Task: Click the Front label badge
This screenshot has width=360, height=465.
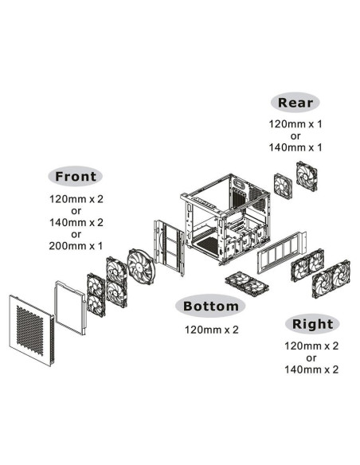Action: coord(76,176)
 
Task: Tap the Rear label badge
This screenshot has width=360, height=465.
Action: coord(295,103)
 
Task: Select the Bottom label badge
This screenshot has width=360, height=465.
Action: coord(210,306)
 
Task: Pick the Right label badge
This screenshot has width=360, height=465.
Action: coord(312,324)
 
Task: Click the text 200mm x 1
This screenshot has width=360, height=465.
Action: coord(76,246)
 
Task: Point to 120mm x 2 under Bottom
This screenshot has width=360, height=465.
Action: coord(211,330)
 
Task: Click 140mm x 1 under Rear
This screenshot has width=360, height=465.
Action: coord(295,147)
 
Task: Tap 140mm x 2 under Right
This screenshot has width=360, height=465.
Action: coord(311,369)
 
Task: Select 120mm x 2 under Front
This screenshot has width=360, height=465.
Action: coord(76,199)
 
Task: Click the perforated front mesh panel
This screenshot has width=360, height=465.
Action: coord(31,330)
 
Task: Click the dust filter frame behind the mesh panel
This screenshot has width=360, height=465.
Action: coord(70,307)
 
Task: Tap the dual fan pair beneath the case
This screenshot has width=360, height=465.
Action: coord(247,283)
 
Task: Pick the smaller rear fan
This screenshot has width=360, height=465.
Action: coord(283,186)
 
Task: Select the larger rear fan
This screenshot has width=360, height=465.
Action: coord(307,176)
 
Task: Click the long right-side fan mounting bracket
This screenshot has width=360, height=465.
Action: coord(282,252)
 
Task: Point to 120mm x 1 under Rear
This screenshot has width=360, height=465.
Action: coord(295,124)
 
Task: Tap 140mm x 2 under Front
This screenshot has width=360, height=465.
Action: coord(76,222)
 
